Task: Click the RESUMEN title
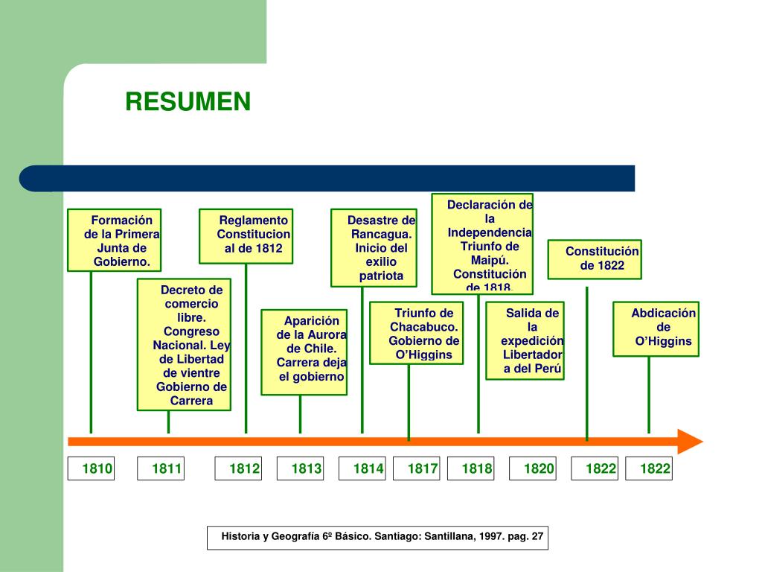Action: point(188,102)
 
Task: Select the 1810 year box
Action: point(92,468)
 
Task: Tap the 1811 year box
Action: point(161,468)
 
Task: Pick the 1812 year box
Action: point(239,468)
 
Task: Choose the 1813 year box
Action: point(301,468)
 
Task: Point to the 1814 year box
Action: point(362,468)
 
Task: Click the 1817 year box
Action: point(417,468)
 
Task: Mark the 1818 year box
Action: point(471,468)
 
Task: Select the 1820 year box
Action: point(534,468)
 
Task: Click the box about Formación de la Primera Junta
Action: point(115,240)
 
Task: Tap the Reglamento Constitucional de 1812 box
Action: point(246,235)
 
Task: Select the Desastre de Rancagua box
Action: point(374,248)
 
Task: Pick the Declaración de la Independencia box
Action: point(483,244)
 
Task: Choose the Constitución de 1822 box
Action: point(595,259)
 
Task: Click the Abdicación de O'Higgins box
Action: point(656,328)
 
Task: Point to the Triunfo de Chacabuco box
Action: point(417,332)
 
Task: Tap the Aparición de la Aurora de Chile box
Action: point(304,352)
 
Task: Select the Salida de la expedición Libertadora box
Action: point(525,340)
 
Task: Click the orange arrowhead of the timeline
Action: point(691,441)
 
